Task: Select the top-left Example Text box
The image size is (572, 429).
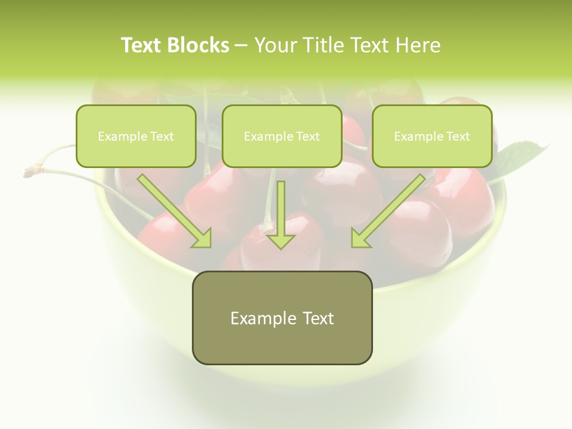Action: click(136, 136)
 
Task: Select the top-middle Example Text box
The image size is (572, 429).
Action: click(282, 136)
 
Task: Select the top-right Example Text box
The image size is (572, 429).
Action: click(432, 136)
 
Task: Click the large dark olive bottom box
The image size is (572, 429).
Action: click(282, 318)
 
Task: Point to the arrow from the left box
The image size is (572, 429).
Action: click(173, 209)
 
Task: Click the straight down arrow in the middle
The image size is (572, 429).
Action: click(281, 212)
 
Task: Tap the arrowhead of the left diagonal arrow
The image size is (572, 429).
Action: click(203, 238)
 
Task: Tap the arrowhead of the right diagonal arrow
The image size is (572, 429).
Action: click(360, 238)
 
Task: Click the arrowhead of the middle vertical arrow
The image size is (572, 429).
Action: click(281, 241)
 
